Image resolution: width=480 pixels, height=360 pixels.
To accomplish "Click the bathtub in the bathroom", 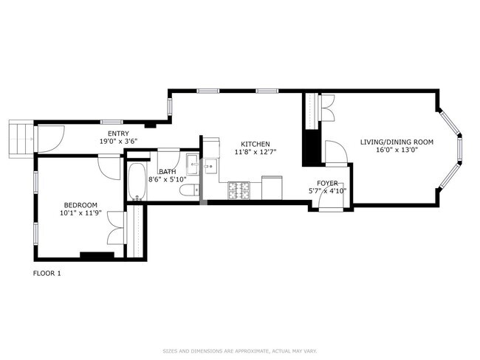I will click(x=137, y=181).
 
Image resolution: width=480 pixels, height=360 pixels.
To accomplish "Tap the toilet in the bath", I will click(x=189, y=191).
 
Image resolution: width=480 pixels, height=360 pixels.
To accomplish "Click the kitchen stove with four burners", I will click(x=239, y=190).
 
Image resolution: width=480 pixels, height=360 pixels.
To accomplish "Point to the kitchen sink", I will click(x=210, y=166).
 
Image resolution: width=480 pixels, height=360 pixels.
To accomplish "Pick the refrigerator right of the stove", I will click(x=271, y=187).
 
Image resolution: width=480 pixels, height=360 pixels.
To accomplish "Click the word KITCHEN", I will click(x=253, y=144).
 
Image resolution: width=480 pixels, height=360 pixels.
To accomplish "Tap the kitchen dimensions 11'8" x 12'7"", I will click(x=253, y=153).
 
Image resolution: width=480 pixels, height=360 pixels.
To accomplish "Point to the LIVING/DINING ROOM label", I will click(x=397, y=142).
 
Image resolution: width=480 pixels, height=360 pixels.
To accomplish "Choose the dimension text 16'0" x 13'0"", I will click(x=397, y=150).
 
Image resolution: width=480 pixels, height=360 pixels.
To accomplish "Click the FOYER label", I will click(x=327, y=182).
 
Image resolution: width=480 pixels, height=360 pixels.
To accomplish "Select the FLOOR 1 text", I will click(x=47, y=274).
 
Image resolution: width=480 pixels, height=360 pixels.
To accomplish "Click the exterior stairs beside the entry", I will click(x=21, y=139).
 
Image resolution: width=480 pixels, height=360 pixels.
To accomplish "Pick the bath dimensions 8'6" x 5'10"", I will click(x=167, y=179).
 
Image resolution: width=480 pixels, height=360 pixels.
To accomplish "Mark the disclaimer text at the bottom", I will click(x=239, y=350).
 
